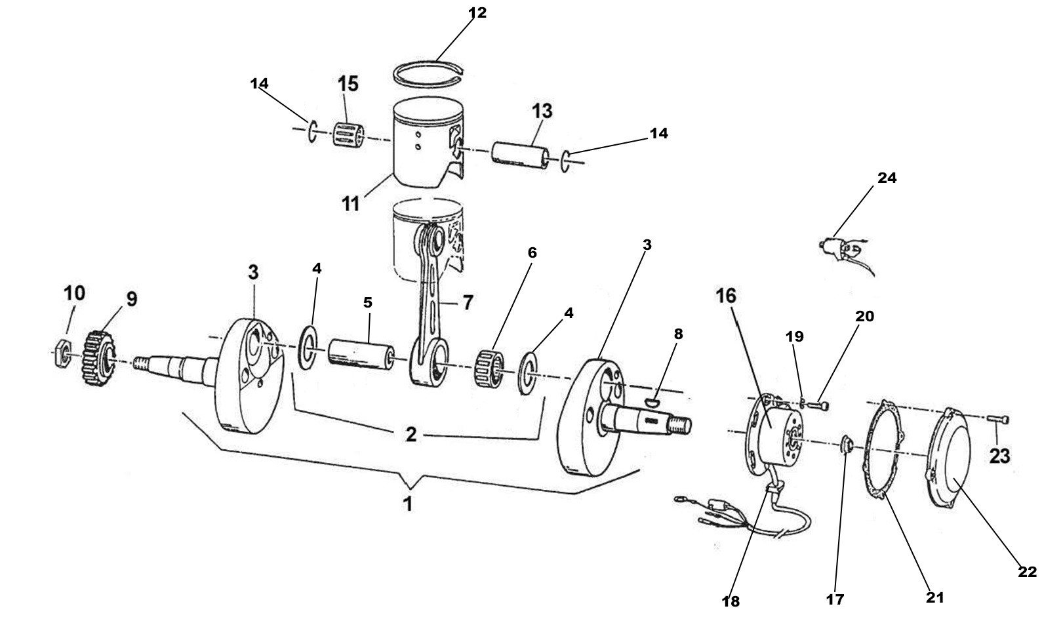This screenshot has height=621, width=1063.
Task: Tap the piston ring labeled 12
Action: [431, 73]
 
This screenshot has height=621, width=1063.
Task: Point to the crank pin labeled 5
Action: [361, 354]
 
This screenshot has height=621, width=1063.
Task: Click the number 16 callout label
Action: [725, 296]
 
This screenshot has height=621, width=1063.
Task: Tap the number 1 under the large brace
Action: [408, 504]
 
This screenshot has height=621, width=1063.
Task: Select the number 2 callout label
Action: [411, 435]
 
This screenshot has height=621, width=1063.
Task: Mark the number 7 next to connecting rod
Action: [468, 303]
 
